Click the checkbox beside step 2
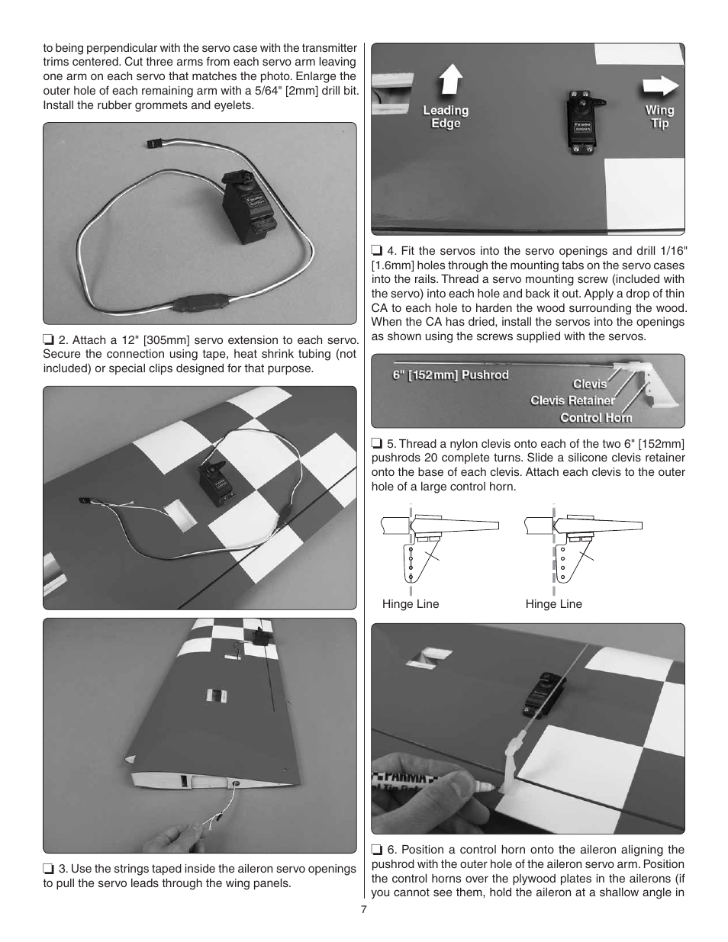(48, 340)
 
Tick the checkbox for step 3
(48, 869)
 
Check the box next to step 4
(376, 251)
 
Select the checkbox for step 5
(376, 444)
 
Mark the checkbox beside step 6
(376, 850)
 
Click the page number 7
(364, 909)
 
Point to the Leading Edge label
(446, 117)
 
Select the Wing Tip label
(659, 117)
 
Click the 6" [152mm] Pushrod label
(450, 375)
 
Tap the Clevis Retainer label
(572, 400)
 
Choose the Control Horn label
(596, 417)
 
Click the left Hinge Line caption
(411, 604)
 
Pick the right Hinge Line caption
(553, 604)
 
